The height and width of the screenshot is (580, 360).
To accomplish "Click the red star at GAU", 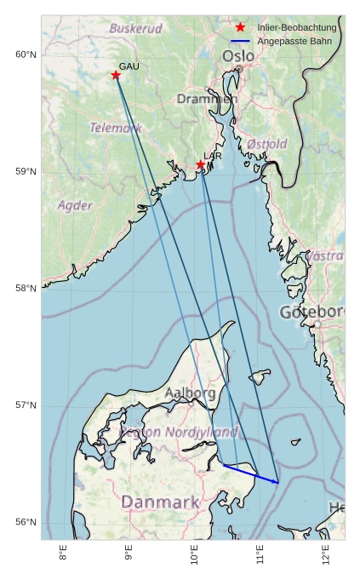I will click(116, 75).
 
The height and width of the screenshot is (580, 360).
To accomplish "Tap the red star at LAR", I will click(200, 165).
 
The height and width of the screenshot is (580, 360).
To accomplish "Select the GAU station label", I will click(129, 66).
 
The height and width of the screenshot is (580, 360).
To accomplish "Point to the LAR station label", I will click(213, 156).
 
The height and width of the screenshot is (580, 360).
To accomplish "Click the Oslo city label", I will click(237, 56).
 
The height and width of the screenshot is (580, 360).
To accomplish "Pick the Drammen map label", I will click(207, 99).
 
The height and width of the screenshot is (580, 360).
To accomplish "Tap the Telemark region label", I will click(116, 128).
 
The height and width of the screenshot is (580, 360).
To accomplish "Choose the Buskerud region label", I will click(135, 28).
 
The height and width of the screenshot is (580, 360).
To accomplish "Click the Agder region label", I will click(75, 205).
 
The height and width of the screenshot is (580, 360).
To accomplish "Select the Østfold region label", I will click(267, 144).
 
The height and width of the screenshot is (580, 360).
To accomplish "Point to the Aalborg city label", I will click(190, 393).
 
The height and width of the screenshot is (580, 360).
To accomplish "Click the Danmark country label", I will click(160, 502).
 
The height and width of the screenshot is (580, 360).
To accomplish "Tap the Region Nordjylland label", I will click(179, 432).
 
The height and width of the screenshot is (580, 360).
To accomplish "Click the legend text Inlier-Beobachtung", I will click(297, 28).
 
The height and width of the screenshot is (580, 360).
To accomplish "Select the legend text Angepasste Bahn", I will click(294, 41).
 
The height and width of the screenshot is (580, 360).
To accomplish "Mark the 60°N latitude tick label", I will click(26, 55).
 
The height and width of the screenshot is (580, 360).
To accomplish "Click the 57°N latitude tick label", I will click(26, 405).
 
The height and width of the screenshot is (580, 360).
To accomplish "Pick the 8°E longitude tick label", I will click(63, 554).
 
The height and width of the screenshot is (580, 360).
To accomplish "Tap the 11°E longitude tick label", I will click(260, 554).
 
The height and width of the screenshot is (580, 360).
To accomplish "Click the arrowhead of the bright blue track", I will click(277, 482).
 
